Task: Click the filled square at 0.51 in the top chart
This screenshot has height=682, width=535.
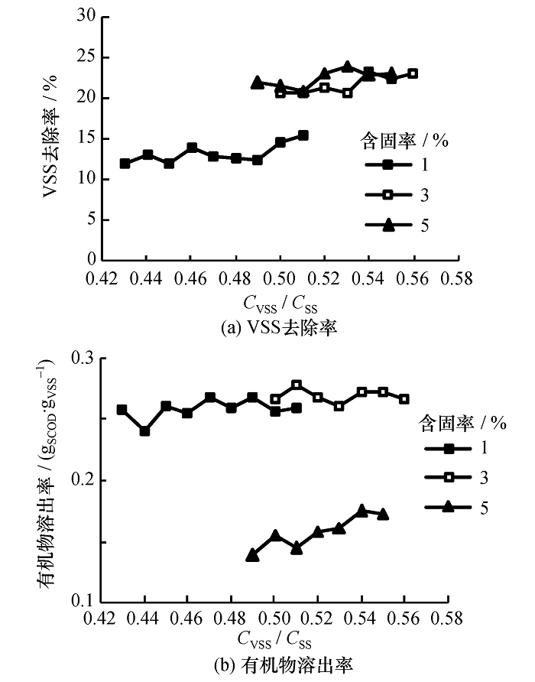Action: pos(303,135)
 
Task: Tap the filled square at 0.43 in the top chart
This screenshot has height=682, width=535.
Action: pos(125,164)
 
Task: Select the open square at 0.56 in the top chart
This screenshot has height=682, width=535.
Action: pos(413,73)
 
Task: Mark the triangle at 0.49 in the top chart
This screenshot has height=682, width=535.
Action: pos(258,82)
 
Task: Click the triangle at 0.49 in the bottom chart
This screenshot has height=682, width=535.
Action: pos(252,555)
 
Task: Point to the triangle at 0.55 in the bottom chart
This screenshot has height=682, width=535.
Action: pos(383,514)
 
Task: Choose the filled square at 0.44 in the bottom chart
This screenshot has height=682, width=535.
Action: pos(144,431)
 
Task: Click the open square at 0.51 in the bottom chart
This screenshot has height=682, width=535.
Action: pos(297,385)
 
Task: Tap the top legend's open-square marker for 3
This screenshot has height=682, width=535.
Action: pos(387,194)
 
